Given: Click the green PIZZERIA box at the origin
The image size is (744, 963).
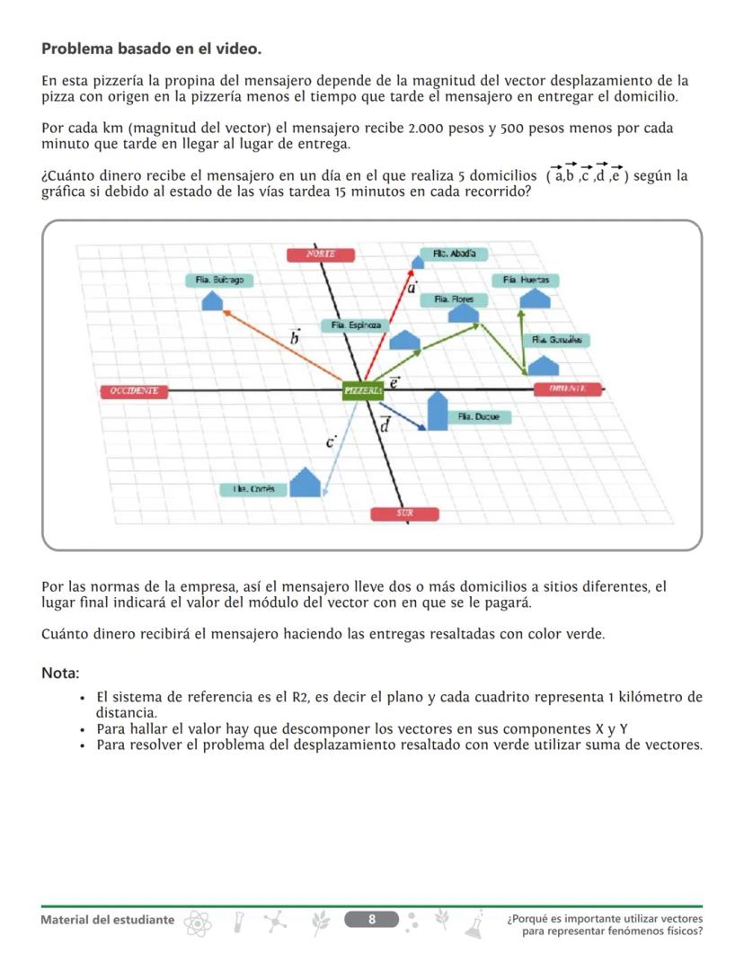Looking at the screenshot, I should pos(363,389).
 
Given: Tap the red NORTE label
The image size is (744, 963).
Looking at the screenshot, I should pos(321,254).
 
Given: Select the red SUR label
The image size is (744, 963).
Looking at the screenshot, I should pos(405,513).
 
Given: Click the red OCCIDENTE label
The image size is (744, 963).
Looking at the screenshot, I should pos(134,390).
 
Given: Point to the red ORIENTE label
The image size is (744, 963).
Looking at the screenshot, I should pos(567,388).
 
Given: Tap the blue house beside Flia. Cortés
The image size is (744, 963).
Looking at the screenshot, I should pos(306,483).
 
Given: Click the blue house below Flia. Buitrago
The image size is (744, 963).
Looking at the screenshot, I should pos(212,299).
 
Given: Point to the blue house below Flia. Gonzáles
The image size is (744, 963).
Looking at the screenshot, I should pos(543,365).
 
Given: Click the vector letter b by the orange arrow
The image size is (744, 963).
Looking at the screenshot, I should pos(294,338).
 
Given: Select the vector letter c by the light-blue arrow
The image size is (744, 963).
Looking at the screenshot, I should pos(330,441).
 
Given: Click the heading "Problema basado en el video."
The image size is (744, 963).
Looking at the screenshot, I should pos(151,48).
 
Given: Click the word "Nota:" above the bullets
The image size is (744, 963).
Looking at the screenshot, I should pos(60,673).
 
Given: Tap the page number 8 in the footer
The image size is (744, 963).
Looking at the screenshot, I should pos(372,918).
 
